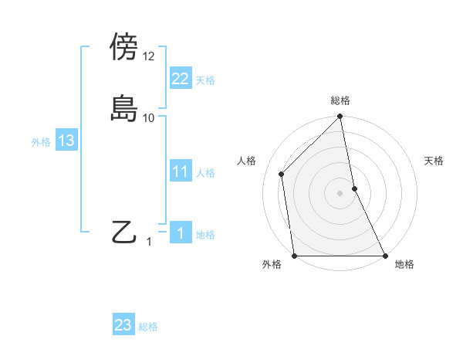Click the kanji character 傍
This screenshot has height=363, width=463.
point(124,47)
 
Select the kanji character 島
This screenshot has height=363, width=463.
point(124,107)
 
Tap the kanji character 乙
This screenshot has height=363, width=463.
point(124,231)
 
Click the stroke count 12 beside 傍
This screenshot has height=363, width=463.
point(149,56)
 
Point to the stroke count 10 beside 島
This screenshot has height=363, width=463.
point(149,117)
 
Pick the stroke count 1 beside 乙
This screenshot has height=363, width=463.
point(150,242)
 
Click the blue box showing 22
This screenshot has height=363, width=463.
point(180,79)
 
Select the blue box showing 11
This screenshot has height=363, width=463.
point(180,171)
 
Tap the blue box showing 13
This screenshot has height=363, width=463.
point(66,141)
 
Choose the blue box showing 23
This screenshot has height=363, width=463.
point(123,325)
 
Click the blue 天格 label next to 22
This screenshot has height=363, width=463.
point(205,80)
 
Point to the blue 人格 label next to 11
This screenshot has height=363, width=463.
point(205,173)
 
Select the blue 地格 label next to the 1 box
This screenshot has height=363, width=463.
point(205,235)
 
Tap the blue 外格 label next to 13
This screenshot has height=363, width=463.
point(41,142)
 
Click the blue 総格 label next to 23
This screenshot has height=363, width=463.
point(148,327)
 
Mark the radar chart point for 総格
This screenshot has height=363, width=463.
point(340,117)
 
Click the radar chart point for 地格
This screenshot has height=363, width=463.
point(384,255)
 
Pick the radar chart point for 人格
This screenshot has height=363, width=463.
point(281,174)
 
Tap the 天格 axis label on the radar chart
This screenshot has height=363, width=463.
point(434,161)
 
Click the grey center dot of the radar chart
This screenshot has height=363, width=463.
point(340,192)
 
